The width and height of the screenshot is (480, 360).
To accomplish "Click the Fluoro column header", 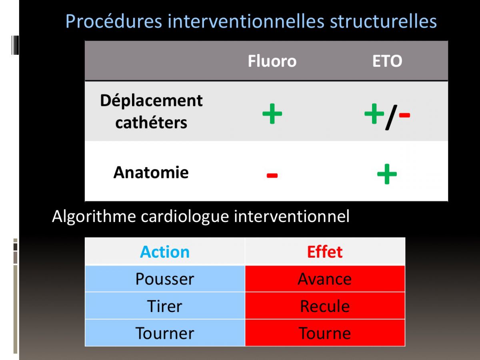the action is pos(272,61).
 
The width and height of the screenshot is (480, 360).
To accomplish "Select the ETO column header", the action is pos(387,61).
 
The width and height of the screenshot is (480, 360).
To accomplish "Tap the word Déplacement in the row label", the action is pos(151,101).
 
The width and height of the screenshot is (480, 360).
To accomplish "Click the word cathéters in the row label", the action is pos(151,122).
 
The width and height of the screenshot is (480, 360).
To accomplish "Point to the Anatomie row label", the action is pos(151,172).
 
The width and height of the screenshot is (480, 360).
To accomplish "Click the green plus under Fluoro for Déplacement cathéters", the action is pos(272,114).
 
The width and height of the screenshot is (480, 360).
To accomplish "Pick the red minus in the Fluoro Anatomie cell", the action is pos(272,175).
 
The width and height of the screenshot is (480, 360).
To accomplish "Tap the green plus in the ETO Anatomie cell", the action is pos(387,174).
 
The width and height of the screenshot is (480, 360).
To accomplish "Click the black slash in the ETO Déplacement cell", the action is pos(392,117).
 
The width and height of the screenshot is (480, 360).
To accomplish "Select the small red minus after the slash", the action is pos(404,115).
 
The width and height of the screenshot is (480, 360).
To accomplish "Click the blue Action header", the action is pos(165,252).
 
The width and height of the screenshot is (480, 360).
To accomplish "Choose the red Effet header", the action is pos(325,252).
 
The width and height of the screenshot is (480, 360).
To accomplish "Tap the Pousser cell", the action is pos(165,279).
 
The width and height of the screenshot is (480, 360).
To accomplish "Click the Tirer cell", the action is pos(165,306).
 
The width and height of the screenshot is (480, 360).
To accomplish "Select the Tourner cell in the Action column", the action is pos(165,333).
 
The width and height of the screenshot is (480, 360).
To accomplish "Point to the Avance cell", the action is pos(325,279).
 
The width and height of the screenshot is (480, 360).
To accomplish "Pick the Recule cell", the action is pos(325,306).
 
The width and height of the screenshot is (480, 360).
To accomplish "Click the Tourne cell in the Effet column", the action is pos(325,333).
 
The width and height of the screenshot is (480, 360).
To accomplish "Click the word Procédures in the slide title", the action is pos(114,21).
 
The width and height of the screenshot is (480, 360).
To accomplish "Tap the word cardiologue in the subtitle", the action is pos(185,217).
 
